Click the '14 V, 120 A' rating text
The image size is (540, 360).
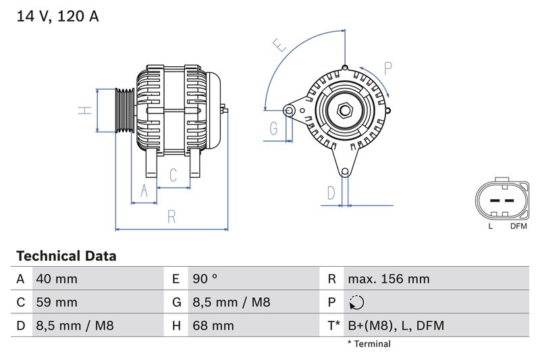[x=57, y=17]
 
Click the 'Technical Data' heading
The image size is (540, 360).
[x=66, y=257]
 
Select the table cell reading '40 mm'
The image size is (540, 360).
[x=56, y=279]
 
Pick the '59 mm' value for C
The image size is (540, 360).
[x=56, y=303]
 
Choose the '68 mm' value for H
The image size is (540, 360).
[x=213, y=326]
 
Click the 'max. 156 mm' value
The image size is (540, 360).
[x=388, y=279]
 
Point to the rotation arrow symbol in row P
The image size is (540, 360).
[x=356, y=303]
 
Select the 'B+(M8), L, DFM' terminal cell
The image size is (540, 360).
[x=396, y=326]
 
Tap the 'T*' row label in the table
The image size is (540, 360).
[x=333, y=326]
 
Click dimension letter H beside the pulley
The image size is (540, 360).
[x=84, y=109]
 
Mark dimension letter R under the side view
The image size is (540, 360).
[x=171, y=217]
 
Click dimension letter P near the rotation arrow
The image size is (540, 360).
[x=388, y=68]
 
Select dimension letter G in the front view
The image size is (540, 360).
[x=274, y=128]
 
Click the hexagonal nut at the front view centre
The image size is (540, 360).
[x=344, y=109]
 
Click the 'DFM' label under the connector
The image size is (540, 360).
[x=519, y=226]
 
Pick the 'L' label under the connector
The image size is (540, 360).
[x=491, y=226]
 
